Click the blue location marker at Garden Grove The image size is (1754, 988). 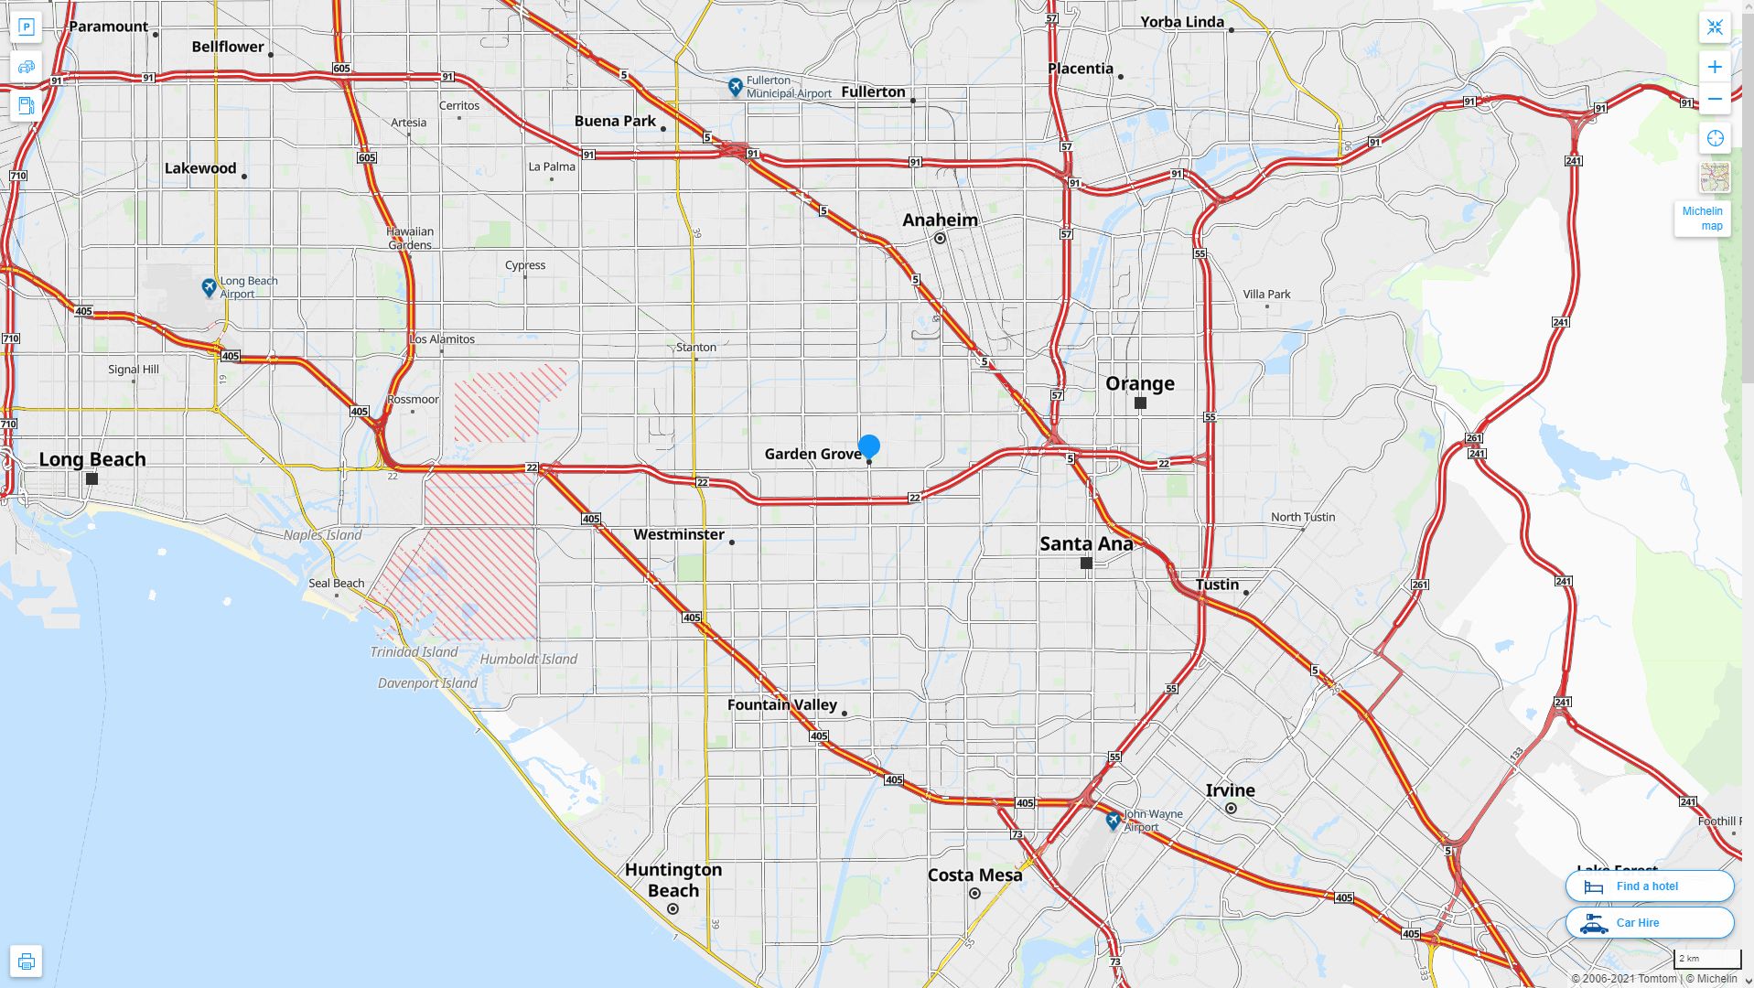pos(869,446)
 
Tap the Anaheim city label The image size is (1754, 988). pos(940,220)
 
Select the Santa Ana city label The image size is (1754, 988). pos(1086,543)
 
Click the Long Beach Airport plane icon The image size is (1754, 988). pos(210,288)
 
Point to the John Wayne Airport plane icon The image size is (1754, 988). pos(1113,821)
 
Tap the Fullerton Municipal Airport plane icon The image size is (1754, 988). pos(736,87)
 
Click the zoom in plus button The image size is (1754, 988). pos(1715,67)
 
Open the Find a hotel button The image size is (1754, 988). pos(1649,886)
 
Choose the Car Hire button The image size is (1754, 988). pos(1649,922)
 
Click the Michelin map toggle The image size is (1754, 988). pos(1702,218)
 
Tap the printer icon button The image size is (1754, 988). pos(26,961)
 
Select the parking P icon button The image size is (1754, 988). pos(26,27)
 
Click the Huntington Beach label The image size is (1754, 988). pos(673,880)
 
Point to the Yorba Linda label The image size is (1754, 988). pos(1182,22)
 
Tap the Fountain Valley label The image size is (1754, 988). pos(782,704)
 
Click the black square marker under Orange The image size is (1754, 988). pos(1140,403)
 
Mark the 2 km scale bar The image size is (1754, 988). pos(1707,959)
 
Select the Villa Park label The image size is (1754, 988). pos(1266,295)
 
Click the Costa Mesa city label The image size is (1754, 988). pos(974,875)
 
